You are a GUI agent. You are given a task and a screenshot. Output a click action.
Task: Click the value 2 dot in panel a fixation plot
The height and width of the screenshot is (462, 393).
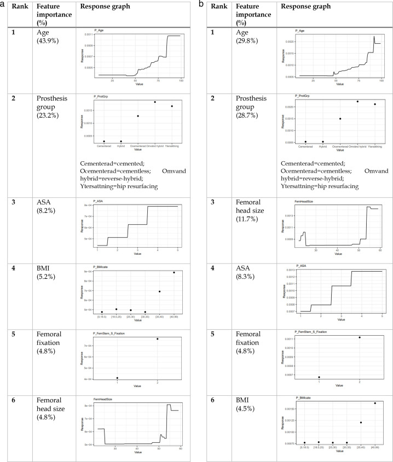tap(157, 339)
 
